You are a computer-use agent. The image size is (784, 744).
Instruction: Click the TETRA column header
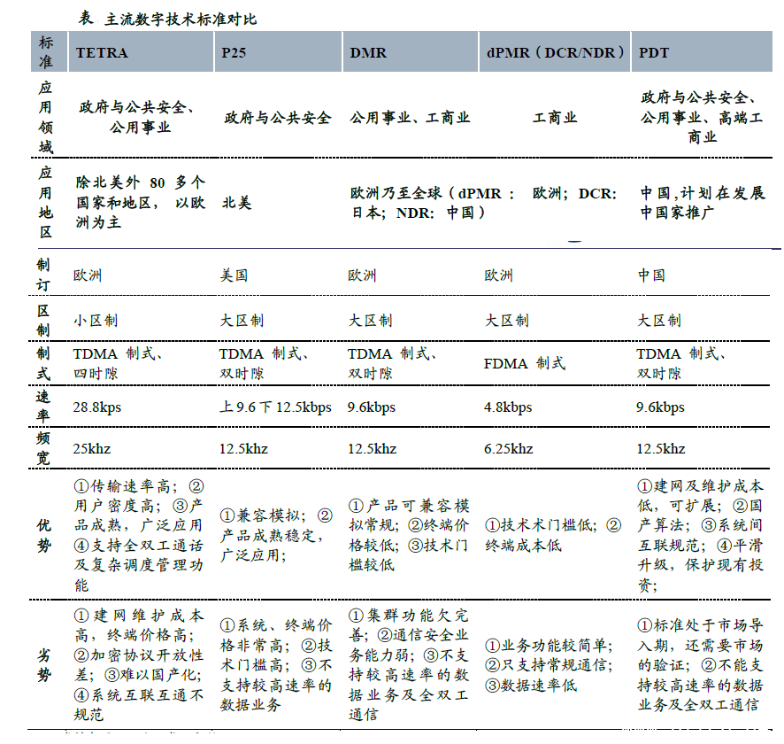coord(102,53)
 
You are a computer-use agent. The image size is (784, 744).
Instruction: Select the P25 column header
coord(234,53)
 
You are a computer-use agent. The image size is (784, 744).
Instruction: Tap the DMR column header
coord(368,53)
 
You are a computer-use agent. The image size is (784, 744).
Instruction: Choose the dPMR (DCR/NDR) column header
coord(555,53)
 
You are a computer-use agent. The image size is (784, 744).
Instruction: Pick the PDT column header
coord(655,53)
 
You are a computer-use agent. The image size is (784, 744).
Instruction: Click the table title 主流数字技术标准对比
coord(181,19)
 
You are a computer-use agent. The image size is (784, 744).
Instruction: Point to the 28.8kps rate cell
coord(97,407)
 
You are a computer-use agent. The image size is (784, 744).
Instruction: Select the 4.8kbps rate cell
coord(508,407)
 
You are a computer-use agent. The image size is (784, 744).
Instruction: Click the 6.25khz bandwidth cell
coord(509,449)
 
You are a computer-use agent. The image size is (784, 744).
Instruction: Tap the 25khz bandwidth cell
coord(92,449)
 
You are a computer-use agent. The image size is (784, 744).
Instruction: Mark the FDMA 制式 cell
coord(525,363)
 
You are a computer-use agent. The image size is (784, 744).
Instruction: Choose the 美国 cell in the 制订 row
coord(234,275)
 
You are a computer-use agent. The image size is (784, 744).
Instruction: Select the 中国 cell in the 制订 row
coord(652,275)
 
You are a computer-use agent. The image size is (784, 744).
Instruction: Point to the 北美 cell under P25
coord(237,203)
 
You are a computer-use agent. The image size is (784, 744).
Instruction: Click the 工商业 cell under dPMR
coord(555,118)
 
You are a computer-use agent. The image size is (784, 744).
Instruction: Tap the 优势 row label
coord(45,534)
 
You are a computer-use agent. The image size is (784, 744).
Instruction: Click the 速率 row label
coord(45,407)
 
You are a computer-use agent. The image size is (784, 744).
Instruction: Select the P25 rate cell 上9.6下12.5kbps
coord(275,407)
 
